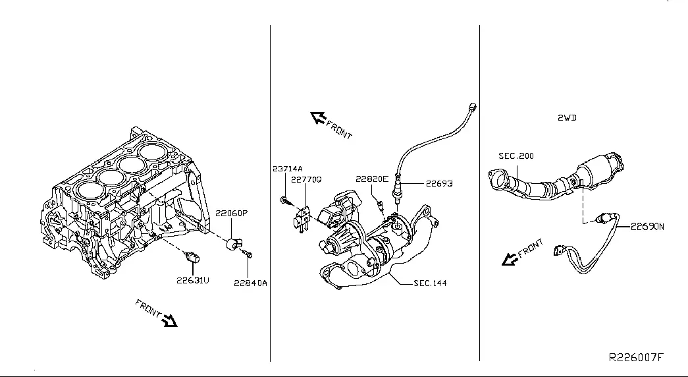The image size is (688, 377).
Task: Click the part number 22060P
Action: [x=231, y=213]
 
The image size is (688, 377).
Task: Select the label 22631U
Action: [x=193, y=280]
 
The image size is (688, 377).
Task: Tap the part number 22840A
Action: [x=250, y=283]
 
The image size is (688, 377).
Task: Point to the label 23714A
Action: [x=288, y=169]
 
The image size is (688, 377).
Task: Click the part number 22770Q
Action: [x=306, y=179]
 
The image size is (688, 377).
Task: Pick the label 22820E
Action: [x=372, y=179]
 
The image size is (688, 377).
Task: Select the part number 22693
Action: [x=439, y=183]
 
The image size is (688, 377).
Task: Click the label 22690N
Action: [x=647, y=227]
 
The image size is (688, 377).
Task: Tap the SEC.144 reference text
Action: [x=430, y=283]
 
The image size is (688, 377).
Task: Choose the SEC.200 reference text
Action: [x=516, y=156]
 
